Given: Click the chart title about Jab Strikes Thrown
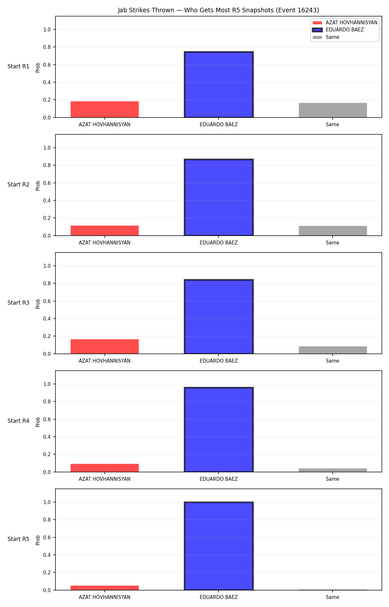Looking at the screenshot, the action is [x=218, y=10].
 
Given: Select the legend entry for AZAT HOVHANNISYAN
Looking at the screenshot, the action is [x=345, y=23].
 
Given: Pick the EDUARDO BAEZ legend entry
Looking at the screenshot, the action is [x=338, y=30].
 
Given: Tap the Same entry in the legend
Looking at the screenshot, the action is [x=326, y=37].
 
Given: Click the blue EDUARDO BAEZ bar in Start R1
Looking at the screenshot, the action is [x=219, y=84].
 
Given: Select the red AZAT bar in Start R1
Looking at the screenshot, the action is [x=105, y=109].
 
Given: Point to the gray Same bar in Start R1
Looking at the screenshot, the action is [x=333, y=110].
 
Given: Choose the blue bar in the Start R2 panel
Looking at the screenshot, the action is [x=219, y=197].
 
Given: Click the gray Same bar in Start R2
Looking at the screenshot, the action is [x=333, y=231].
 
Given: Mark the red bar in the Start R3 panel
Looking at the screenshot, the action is [x=105, y=346].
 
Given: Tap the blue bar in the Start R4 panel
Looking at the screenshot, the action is [x=219, y=430].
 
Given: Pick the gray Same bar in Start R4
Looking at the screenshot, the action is [x=333, y=470].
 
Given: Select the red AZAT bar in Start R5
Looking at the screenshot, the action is [x=105, y=588].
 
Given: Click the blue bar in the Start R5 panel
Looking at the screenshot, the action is [x=219, y=546].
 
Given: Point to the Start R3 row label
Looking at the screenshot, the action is [x=18, y=303].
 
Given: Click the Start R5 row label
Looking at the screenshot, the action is [x=18, y=539].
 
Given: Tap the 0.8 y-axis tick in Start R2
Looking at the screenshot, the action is [x=47, y=165].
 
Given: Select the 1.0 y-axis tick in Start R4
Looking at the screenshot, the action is [x=47, y=384].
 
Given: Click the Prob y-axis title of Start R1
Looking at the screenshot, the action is [x=38, y=67].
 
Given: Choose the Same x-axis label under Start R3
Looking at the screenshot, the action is [x=333, y=361].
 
